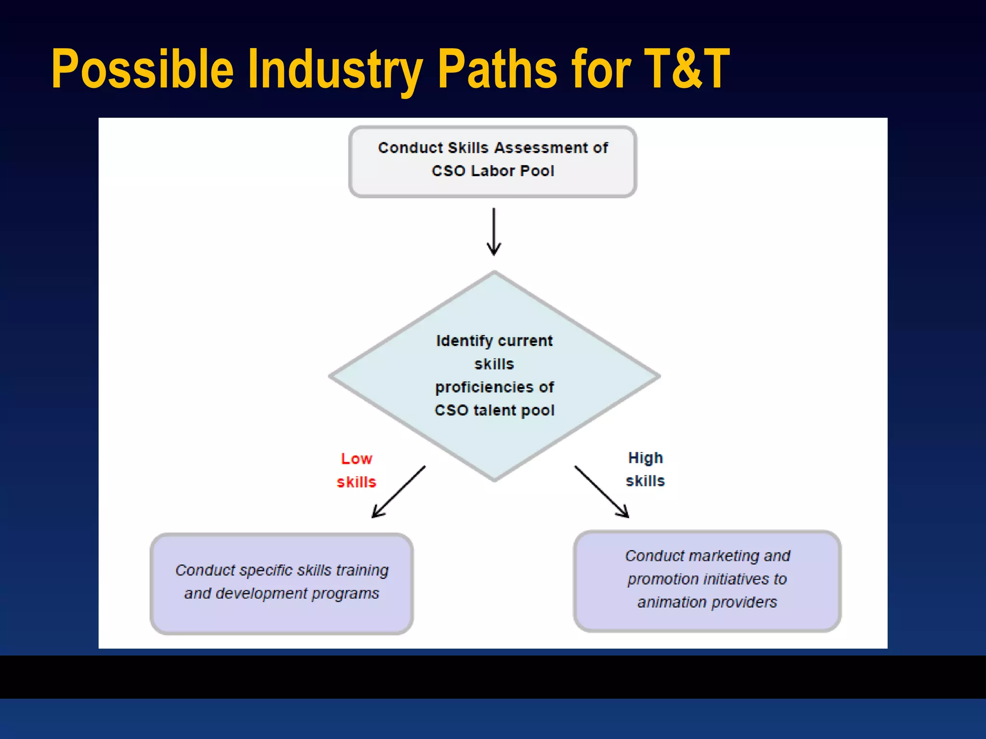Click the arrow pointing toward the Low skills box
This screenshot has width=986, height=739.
pos(398,492)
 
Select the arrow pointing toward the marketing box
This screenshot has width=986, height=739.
pos(602,492)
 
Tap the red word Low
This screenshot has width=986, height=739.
pos(357,459)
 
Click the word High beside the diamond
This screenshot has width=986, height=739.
pos(646,458)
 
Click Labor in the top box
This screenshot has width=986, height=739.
pos(493,171)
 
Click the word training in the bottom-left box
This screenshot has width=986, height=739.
pos(362,570)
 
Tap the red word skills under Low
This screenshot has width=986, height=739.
pos(356,482)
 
